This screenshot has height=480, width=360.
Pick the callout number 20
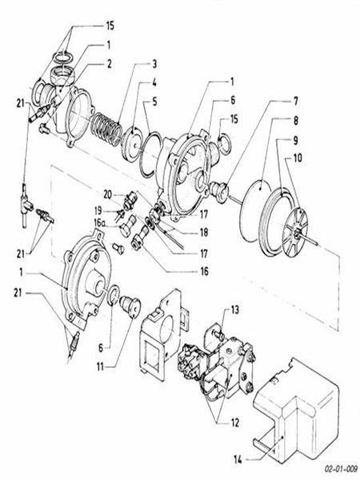106,194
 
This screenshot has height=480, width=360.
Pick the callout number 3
155,62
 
